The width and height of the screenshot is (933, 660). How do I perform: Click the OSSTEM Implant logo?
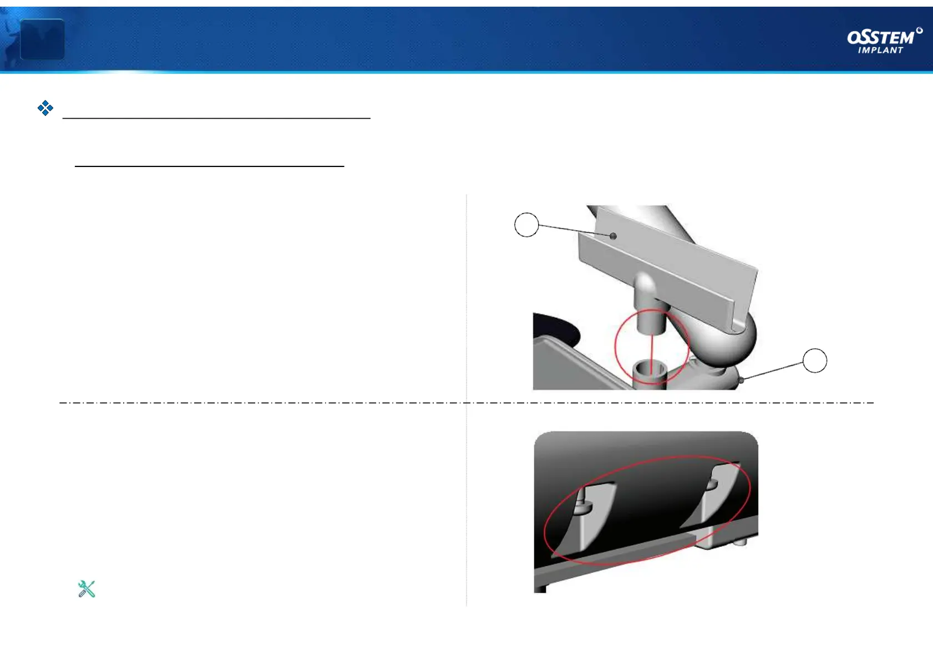coord(884,41)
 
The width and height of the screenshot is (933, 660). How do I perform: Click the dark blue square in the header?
coord(42,39)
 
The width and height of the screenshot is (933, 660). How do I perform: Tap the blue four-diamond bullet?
coord(45,108)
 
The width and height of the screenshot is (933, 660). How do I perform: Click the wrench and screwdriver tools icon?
coord(87,588)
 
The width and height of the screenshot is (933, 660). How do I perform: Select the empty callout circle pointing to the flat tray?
coord(526,225)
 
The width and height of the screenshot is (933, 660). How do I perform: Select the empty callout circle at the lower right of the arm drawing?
coord(815,361)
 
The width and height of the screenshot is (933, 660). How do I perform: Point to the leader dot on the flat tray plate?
coord(613,236)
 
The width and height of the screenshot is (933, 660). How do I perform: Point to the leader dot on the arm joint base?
coord(741,380)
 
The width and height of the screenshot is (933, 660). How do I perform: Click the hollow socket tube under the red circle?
coord(651,372)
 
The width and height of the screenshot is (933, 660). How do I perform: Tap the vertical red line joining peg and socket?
coord(652,349)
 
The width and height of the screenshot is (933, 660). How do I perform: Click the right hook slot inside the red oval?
coord(716,494)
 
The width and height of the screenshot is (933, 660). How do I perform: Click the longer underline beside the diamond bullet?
coord(216,118)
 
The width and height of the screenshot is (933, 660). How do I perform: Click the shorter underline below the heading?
coord(210,166)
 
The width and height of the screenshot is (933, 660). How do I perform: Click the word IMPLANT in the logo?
coord(880,50)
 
